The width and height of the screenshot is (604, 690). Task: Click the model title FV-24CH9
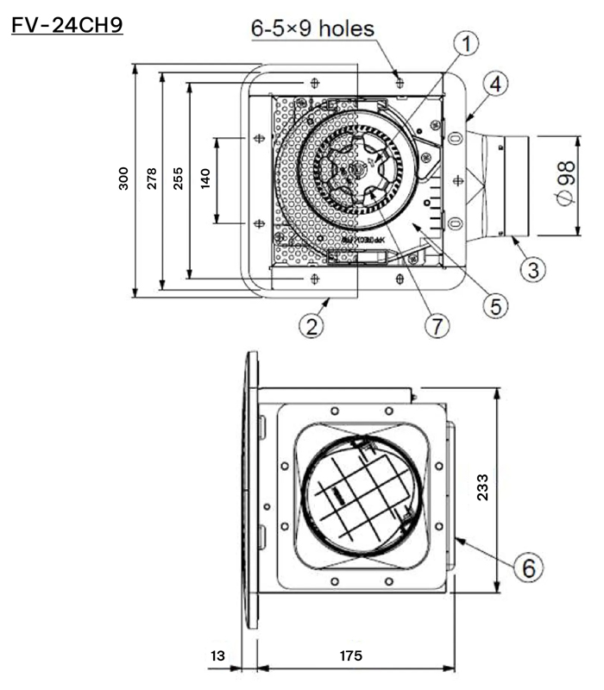point(67,25)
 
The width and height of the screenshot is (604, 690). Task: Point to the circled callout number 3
point(533,269)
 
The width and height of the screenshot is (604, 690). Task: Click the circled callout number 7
point(437,326)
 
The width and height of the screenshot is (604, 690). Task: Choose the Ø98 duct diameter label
point(565,185)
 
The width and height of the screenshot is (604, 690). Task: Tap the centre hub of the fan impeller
point(355,171)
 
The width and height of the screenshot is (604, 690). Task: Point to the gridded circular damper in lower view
point(355,497)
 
